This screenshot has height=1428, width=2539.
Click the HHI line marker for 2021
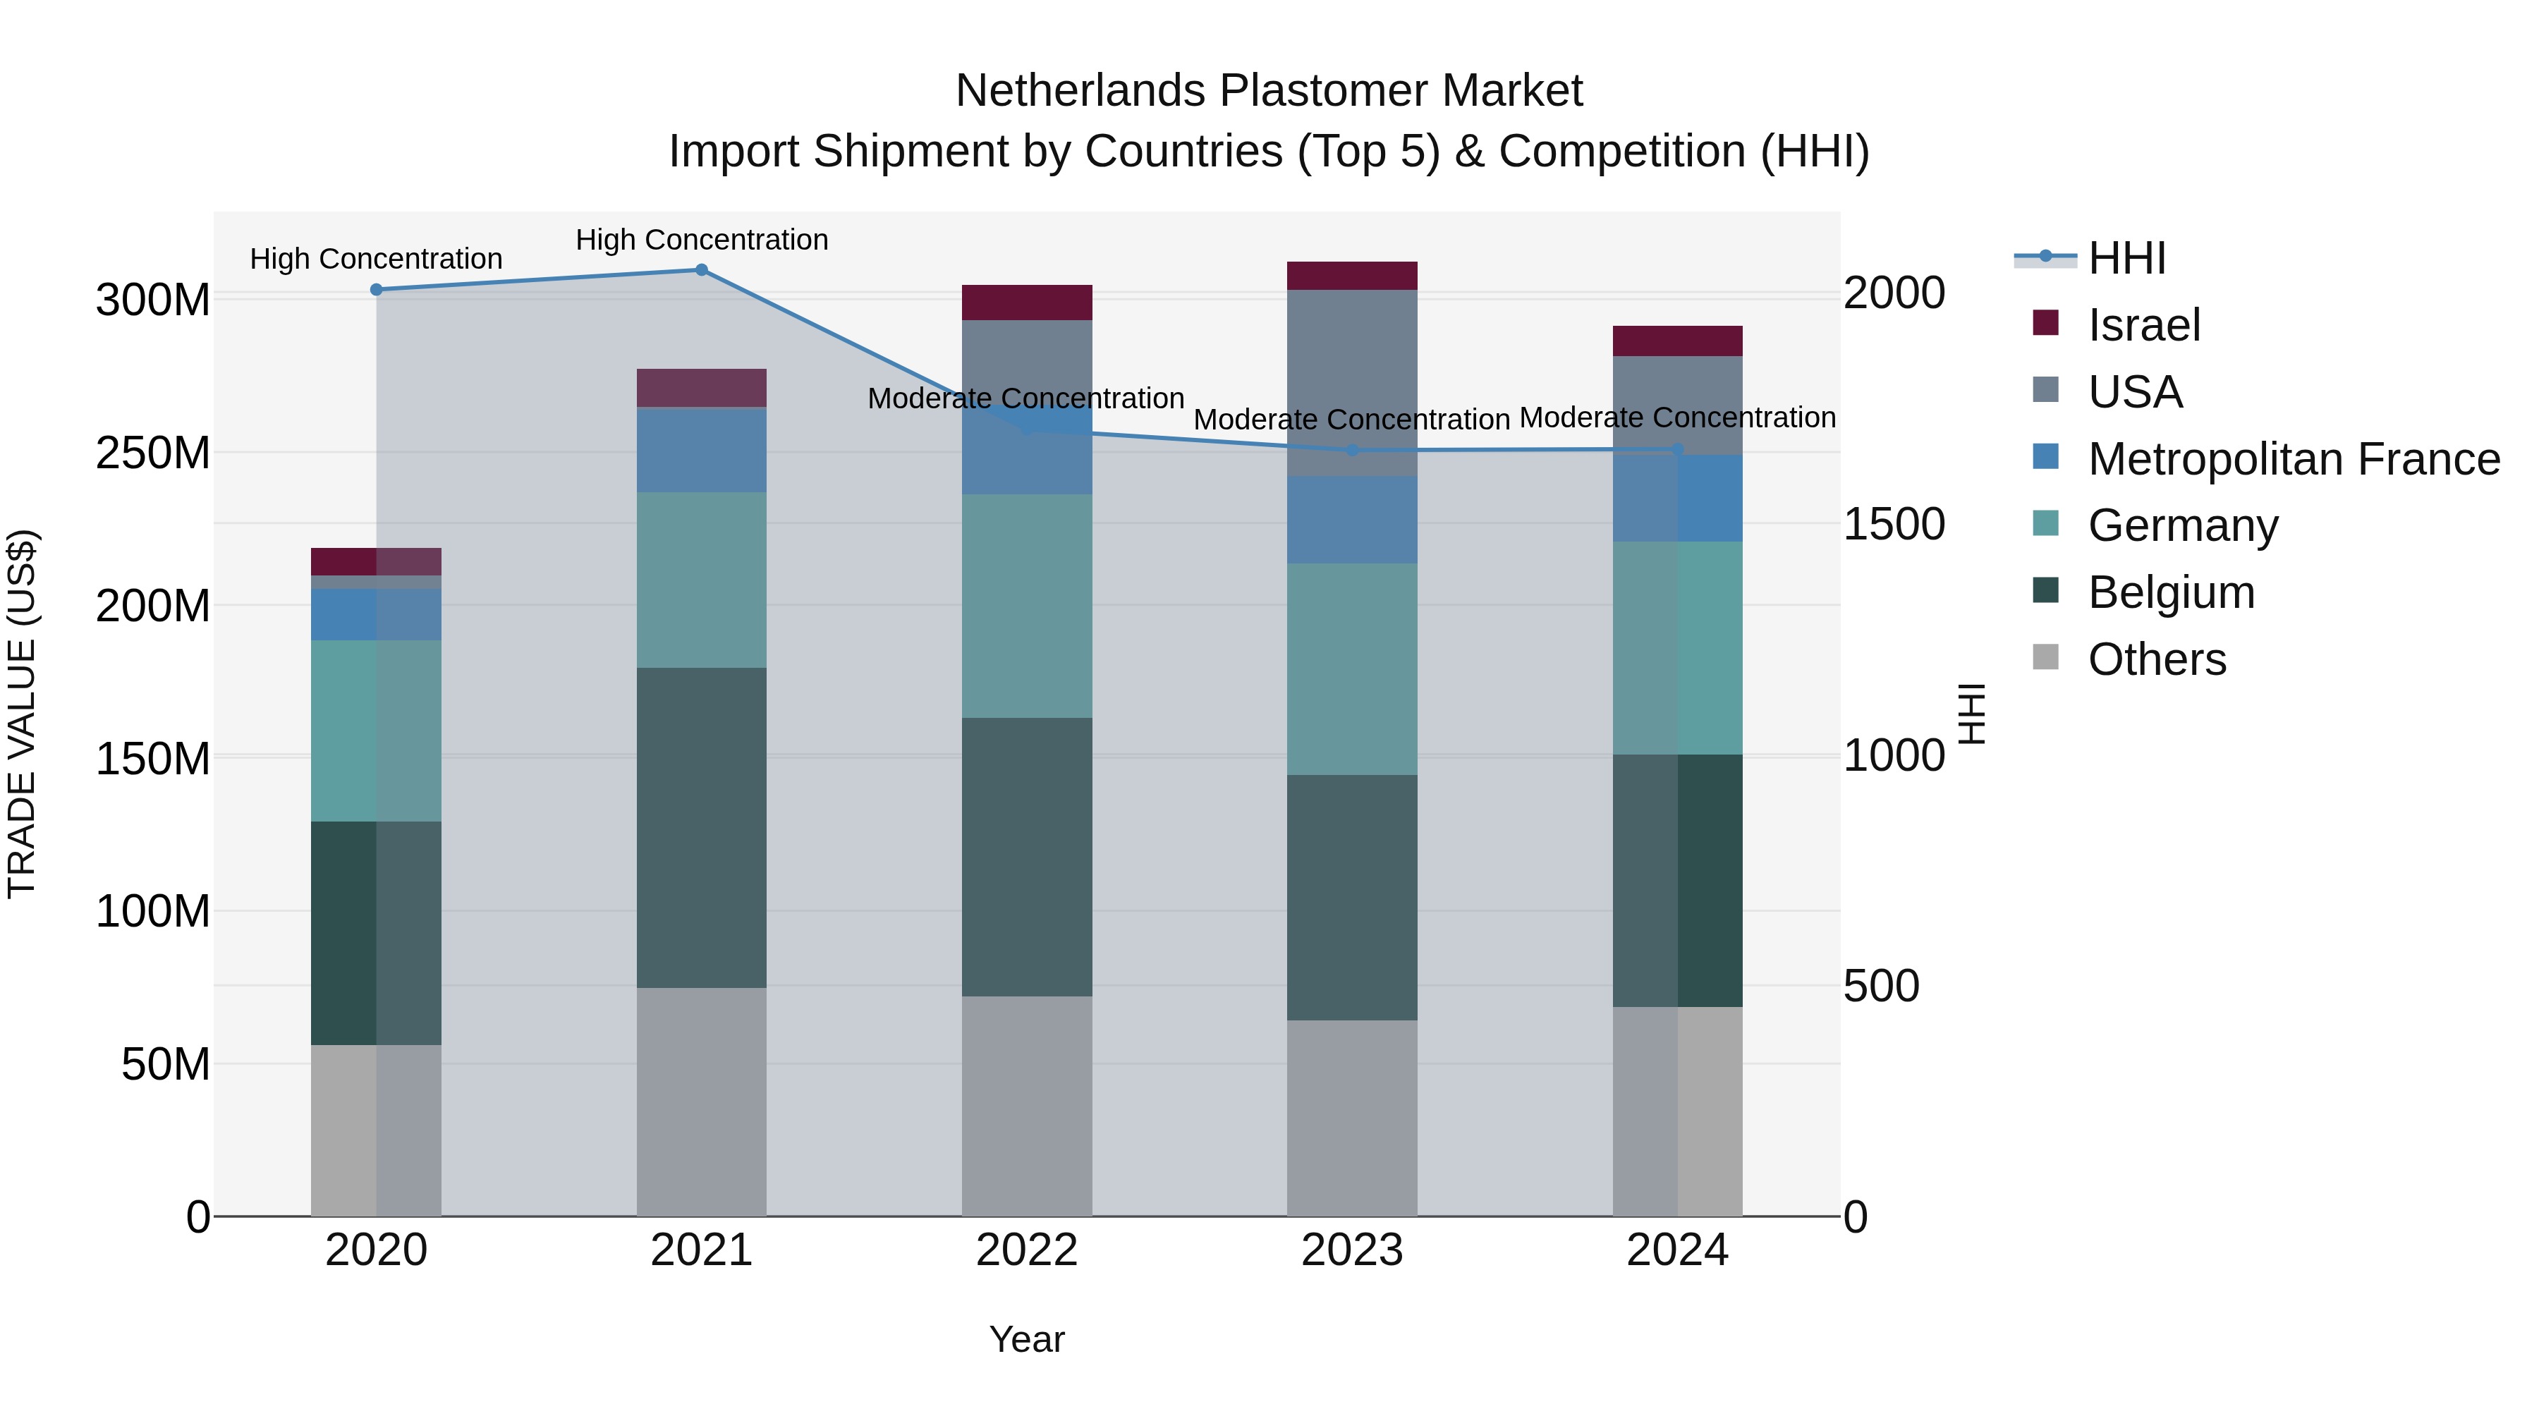702,270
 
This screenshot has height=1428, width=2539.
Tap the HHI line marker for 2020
377,290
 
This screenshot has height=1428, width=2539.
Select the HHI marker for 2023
1352,451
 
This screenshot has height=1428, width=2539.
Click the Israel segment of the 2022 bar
1027,303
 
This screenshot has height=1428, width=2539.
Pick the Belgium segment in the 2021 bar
702,828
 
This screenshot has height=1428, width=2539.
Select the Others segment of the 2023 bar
1352,1118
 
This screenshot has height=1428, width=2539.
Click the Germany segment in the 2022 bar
1027,606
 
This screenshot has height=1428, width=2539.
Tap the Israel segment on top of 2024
1678,341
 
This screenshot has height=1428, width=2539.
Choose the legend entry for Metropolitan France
2293,459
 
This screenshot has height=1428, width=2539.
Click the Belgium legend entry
2170,592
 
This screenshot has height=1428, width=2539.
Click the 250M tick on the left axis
153,453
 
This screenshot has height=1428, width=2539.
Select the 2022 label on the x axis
1027,1250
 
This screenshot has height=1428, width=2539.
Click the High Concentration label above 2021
702,240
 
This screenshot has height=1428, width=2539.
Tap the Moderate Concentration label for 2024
1678,418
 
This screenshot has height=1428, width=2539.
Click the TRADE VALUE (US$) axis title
22,714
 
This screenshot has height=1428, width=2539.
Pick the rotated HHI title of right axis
1971,714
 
